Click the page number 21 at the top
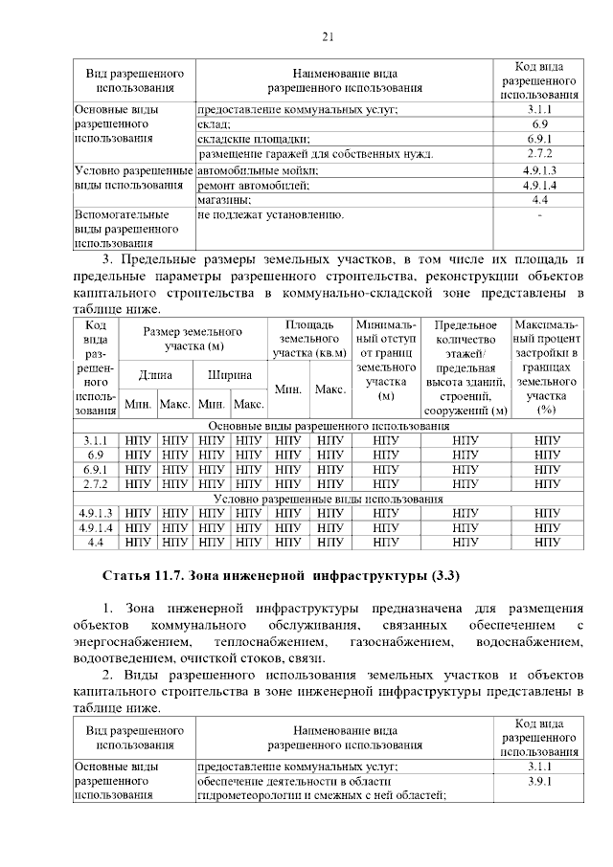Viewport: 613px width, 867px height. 326,37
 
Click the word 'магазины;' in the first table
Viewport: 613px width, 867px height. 224,200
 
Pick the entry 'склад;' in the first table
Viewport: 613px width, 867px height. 214,124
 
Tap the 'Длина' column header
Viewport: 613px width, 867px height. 155,375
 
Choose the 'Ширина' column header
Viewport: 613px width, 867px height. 230,375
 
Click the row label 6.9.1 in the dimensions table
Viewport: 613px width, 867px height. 96,470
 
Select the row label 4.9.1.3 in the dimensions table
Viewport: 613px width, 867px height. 96,513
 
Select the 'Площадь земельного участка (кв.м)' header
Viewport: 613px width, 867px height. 308,340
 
